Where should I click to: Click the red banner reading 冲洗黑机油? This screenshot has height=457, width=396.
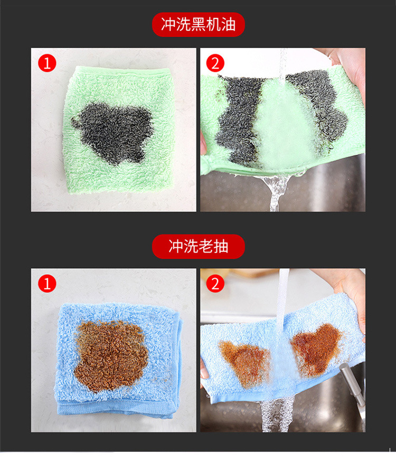coord(199,25)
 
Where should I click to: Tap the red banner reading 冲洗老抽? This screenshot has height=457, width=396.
coord(199,246)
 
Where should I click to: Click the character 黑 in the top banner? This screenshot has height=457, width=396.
coord(199,25)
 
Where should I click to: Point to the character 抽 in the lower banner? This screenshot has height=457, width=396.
coord(221,246)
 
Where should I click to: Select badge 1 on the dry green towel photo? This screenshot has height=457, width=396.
coord(47,63)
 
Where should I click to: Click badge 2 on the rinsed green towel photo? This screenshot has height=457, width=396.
coord(215,63)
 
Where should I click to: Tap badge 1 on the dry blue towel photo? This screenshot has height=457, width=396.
coord(47,284)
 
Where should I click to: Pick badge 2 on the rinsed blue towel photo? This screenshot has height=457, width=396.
coord(215,284)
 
